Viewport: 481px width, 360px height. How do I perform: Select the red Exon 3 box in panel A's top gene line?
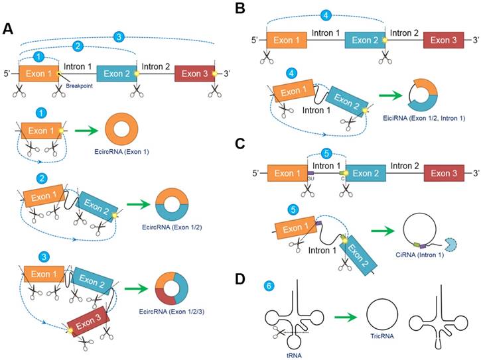click(194, 73)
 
